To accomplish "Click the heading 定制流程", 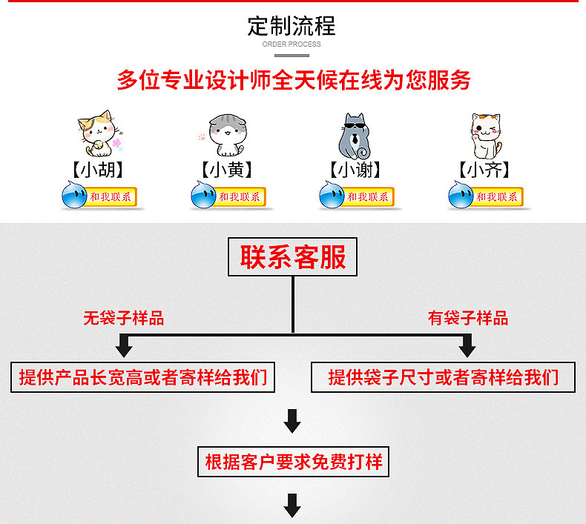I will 292,26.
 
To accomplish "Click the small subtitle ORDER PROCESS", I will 292,44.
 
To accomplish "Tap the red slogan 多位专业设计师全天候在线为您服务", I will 293,80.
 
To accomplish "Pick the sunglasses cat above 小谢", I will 354,133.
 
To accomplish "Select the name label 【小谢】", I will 355,170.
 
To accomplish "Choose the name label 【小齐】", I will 485,170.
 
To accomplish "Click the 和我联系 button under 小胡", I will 111,197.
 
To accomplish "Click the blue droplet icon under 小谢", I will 332,196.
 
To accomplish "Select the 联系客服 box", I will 292,258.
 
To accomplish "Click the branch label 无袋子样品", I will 124,319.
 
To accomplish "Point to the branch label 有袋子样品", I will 468,319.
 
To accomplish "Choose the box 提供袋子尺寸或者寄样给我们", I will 443,377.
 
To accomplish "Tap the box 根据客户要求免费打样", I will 293,462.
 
